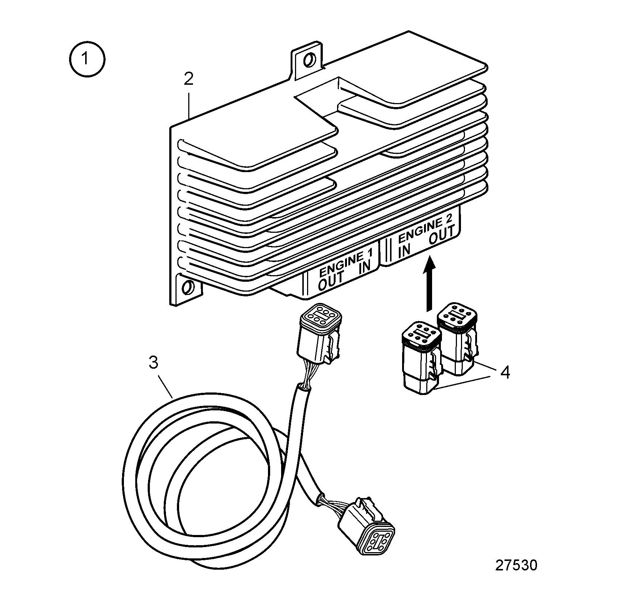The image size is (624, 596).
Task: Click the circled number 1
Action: [87, 59]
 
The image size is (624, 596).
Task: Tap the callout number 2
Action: [188, 79]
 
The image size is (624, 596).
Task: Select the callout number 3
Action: [154, 363]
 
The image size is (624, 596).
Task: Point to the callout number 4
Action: [505, 372]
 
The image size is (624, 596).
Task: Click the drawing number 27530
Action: [516, 565]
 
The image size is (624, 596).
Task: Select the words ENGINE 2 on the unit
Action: [426, 228]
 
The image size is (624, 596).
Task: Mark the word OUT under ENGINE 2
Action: [442, 236]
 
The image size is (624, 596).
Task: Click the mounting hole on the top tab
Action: [309, 59]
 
